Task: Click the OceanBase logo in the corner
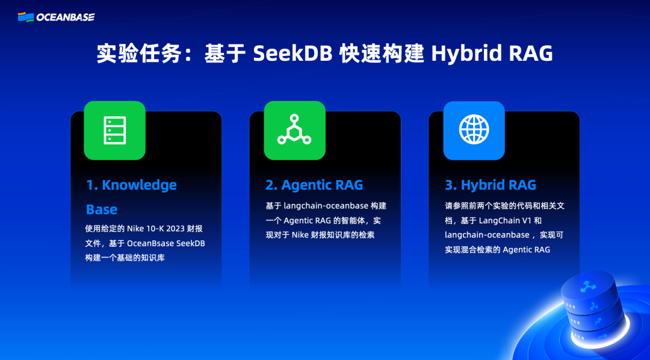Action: coord(57,17)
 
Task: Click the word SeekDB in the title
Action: coord(292,54)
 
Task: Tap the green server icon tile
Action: coord(114,130)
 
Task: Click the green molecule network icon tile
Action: coord(294,130)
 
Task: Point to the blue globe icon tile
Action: coord(474,130)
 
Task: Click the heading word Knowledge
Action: coord(139,185)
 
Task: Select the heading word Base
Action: coord(102,209)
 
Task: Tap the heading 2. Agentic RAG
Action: coord(314,185)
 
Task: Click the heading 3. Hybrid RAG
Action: coord(491,185)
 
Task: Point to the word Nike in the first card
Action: coord(135,229)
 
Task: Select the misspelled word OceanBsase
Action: coord(150,243)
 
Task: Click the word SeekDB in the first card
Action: coord(191,243)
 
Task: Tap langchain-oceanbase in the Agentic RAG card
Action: coord(326,206)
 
